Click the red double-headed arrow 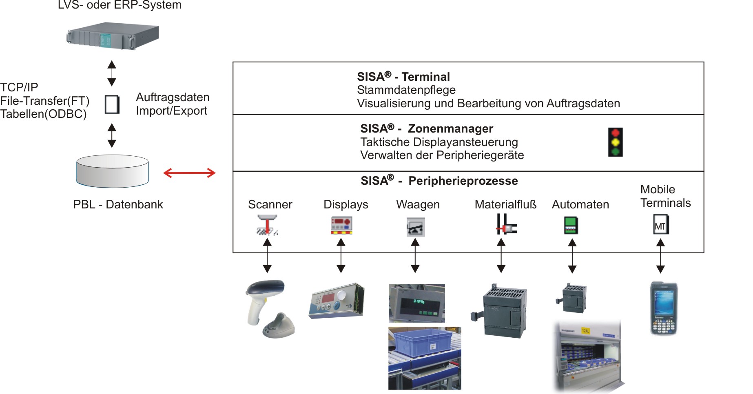189,173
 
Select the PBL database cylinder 112,171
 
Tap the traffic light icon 615,142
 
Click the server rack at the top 112,36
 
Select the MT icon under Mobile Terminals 660,225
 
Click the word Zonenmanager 450,128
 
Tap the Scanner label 270,204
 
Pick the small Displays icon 341,226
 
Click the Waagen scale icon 415,227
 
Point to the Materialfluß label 505,204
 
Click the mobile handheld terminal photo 663,309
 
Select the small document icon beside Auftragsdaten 112,104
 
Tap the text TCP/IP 19,87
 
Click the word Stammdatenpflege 406,90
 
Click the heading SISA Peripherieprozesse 439,181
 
